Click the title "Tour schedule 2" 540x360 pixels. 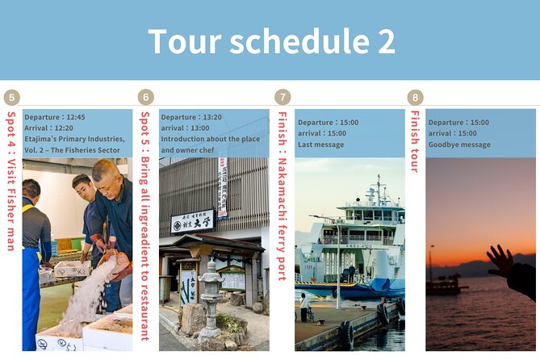tap(271, 41)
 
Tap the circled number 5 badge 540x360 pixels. tap(11, 98)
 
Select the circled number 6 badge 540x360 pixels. tap(146, 98)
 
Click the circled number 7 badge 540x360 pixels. tap(283, 98)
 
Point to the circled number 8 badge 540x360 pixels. tap(415, 98)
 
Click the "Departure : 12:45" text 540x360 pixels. tap(54, 117)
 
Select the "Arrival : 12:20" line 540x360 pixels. tap(48, 128)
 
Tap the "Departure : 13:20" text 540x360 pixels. tap(190, 117)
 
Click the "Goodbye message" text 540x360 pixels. tap(459, 144)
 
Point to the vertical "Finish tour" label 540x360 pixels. tap(415, 141)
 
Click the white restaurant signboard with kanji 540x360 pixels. tap(192, 220)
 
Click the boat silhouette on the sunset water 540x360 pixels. tap(446, 284)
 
